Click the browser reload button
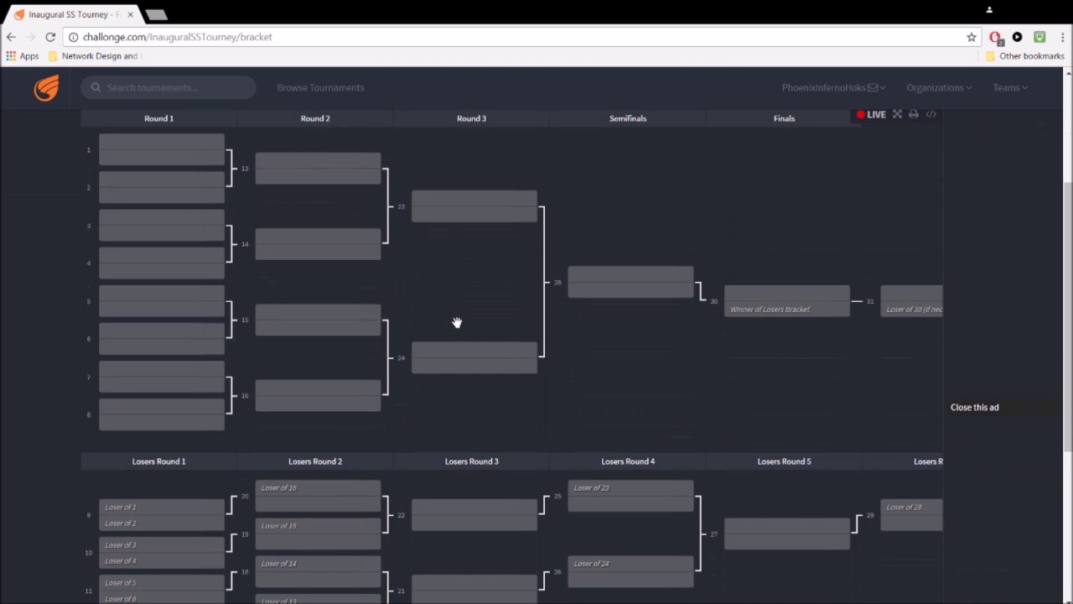click(x=50, y=37)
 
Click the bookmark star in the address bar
click(x=972, y=37)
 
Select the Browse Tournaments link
click(x=320, y=87)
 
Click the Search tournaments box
click(x=168, y=87)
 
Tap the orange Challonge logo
click(x=46, y=87)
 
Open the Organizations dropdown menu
click(x=938, y=87)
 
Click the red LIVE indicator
click(x=871, y=115)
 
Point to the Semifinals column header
click(x=628, y=118)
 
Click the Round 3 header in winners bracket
click(x=471, y=118)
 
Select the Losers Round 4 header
click(x=628, y=461)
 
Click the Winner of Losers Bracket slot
click(x=786, y=310)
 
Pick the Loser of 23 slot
click(x=630, y=488)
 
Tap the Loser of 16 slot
click(x=318, y=488)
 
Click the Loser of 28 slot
click(x=912, y=508)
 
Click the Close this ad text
click(x=974, y=408)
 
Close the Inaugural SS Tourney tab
click(x=130, y=14)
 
